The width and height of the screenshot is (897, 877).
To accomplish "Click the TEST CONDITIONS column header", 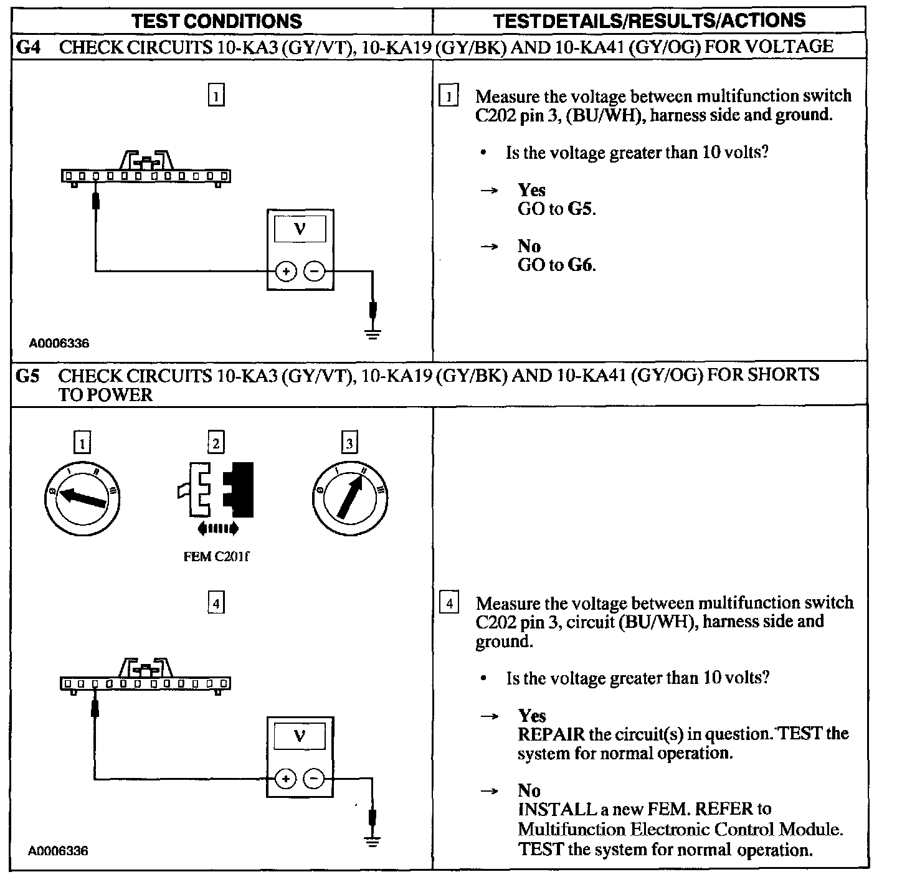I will point(217,22).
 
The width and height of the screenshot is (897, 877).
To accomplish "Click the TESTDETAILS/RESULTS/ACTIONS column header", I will point(649,21).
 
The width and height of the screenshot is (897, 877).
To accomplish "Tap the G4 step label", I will point(27,47).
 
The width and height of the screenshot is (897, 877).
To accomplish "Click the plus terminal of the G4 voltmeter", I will point(285,272).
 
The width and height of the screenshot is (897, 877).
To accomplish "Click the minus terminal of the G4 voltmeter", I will point(315,272).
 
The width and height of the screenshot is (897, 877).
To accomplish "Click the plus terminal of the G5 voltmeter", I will point(285,779).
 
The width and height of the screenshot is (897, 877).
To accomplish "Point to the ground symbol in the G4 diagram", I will point(373,334).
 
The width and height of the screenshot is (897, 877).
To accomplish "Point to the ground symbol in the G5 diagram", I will point(373,842).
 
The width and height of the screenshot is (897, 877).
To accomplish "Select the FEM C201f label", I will point(216,557).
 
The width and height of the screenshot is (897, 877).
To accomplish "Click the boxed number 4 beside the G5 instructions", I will point(450,604).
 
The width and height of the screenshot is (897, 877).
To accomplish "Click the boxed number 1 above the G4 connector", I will point(216,96).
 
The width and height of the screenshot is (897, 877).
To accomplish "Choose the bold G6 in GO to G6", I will point(581,265).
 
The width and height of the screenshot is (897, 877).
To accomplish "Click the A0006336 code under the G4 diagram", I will point(59,343).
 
